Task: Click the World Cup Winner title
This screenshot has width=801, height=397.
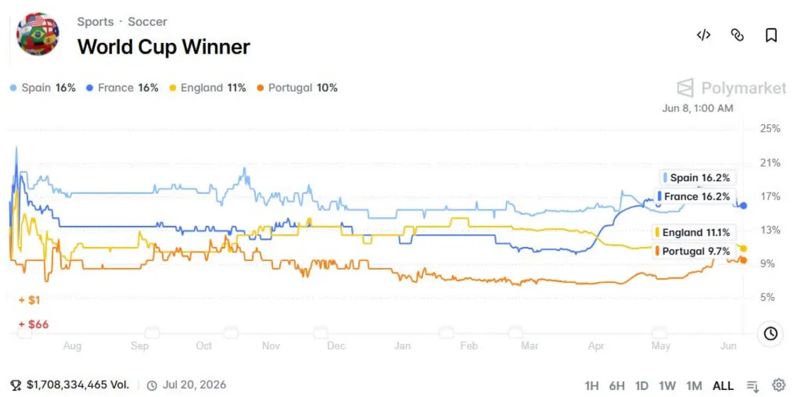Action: pyautogui.click(x=164, y=47)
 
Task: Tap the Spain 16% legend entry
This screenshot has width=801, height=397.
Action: pyautogui.click(x=43, y=88)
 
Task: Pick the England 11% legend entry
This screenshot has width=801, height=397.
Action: pyautogui.click(x=208, y=88)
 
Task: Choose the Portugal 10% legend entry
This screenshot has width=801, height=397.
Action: pyautogui.click(x=297, y=88)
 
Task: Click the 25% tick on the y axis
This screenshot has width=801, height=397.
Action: pyautogui.click(x=770, y=128)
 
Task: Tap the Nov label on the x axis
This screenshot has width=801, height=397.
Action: pyautogui.click(x=271, y=346)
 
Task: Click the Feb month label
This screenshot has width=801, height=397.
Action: pyautogui.click(x=469, y=346)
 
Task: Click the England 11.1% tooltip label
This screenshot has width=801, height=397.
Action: pyautogui.click(x=695, y=233)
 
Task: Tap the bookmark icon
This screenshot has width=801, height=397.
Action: pyautogui.click(x=771, y=35)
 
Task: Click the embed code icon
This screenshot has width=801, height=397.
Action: pyautogui.click(x=704, y=35)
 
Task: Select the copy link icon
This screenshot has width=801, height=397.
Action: pyautogui.click(x=737, y=35)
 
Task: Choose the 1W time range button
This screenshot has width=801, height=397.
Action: pyautogui.click(x=667, y=386)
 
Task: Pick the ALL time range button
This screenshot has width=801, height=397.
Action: pyautogui.click(x=723, y=386)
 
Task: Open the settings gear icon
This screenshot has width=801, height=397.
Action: pyautogui.click(x=779, y=385)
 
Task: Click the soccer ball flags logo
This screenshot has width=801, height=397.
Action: pyautogui.click(x=38, y=35)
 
